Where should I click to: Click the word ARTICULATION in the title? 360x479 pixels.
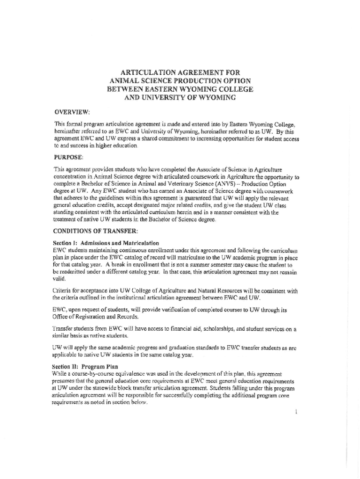tap(146, 73)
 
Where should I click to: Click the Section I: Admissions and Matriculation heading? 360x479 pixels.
tap(106, 243)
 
